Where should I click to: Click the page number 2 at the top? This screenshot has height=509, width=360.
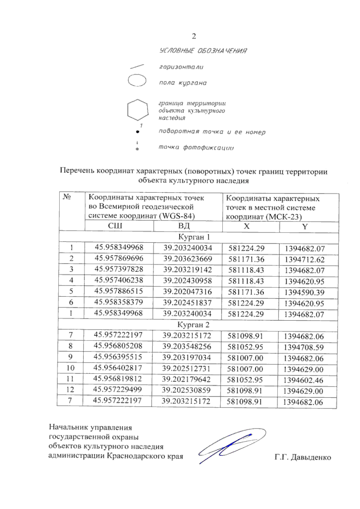click(194, 36)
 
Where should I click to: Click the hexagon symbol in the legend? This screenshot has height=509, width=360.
click(138, 110)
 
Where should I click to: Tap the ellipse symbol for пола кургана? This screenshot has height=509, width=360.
click(137, 81)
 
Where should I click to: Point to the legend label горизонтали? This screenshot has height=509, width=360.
click(181, 67)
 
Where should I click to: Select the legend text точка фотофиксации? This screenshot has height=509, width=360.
click(196, 147)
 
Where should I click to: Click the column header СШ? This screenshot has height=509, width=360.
click(115, 226)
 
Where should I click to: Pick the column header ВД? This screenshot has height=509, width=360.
click(184, 226)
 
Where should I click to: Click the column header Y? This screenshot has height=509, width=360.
click(305, 227)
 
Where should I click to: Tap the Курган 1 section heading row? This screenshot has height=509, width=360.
click(194, 237)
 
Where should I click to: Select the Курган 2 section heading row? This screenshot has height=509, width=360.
click(193, 325)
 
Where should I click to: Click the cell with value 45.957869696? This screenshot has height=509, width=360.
click(119, 258)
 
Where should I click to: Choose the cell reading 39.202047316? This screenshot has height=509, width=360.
click(187, 292)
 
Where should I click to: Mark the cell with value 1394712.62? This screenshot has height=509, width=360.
click(304, 260)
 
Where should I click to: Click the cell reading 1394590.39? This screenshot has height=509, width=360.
click(304, 293)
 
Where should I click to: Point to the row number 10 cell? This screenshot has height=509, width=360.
click(70, 368)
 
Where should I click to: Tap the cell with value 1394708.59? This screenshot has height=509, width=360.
click(304, 347)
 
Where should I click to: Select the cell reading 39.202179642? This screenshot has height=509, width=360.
click(186, 379)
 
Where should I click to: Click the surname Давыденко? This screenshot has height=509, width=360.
click(311, 457)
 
